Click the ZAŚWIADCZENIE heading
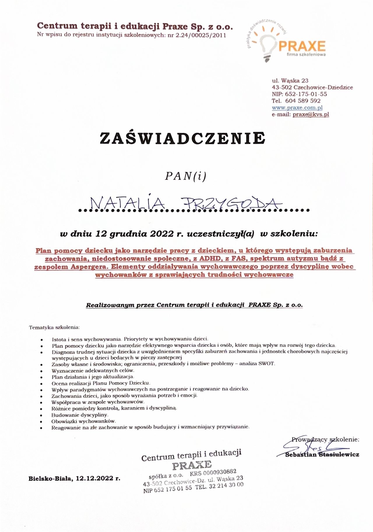[182, 138]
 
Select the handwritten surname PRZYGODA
[231, 204]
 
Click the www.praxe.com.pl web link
[297, 108]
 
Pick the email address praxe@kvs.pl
[311, 114]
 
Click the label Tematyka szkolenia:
[54, 327]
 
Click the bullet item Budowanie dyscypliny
[80, 415]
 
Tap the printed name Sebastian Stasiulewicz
[322, 455]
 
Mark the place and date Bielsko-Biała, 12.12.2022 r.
[74, 478]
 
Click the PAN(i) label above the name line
[185, 176]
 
